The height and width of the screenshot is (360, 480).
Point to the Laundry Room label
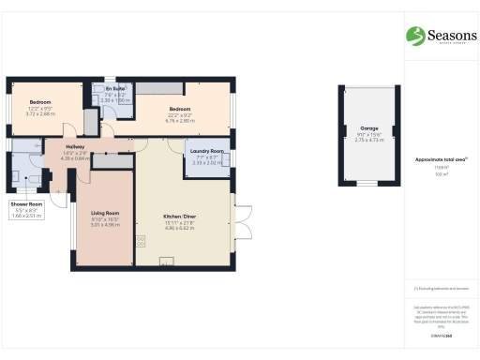coord(205,151)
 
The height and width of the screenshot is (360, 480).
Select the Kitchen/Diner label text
coord(179,216)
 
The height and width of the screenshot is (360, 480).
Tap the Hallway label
coord(76,147)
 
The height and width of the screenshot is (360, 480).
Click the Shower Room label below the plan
coord(27,203)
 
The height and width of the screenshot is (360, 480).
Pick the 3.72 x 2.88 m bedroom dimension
coord(41,112)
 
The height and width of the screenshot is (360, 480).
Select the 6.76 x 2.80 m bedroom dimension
coord(179,120)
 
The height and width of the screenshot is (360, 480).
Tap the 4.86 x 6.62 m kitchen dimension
coord(179,228)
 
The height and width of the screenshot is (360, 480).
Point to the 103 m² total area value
coord(442,174)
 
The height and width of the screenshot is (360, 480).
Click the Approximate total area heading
coord(441,159)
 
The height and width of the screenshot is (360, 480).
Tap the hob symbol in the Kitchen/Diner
coord(142,241)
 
